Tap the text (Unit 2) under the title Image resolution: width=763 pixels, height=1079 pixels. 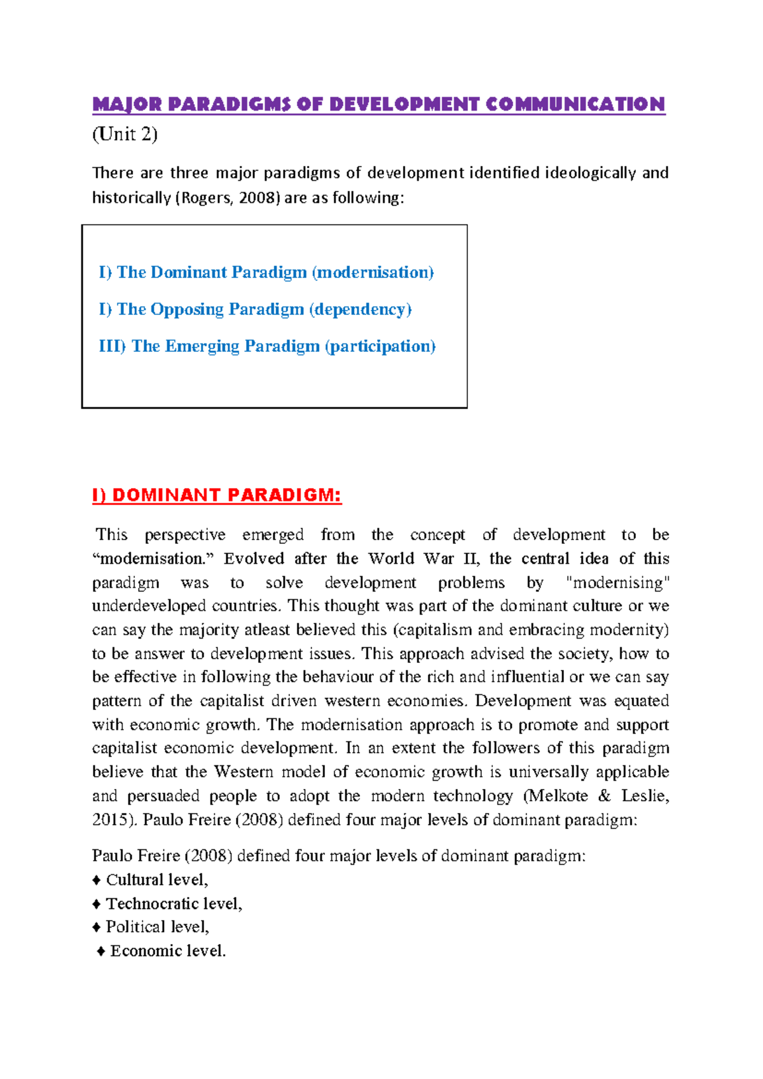tap(125, 135)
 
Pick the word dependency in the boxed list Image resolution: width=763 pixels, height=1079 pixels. tap(361, 309)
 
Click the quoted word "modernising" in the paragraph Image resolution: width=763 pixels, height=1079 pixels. tap(617, 583)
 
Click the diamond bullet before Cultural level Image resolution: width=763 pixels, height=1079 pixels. tap(97, 881)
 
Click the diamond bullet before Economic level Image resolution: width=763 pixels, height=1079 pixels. tap(101, 951)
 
